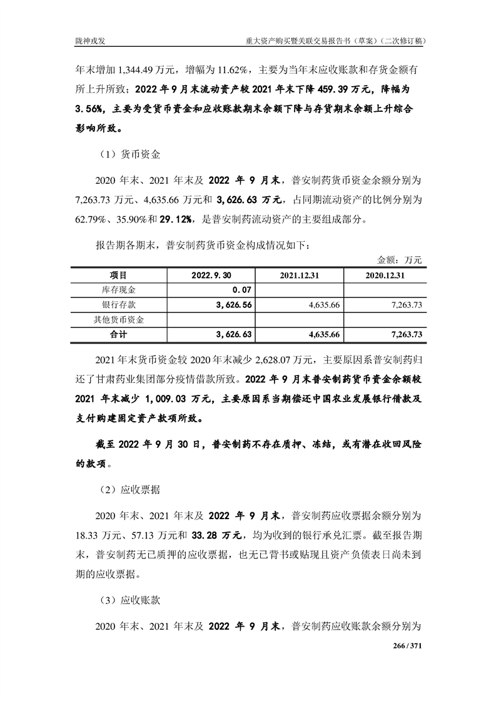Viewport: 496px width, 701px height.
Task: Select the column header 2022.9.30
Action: click(x=211, y=276)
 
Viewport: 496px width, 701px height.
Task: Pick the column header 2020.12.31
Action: click(x=385, y=276)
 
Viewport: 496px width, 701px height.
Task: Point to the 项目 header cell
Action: click(x=119, y=276)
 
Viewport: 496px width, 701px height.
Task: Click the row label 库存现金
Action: click(x=119, y=290)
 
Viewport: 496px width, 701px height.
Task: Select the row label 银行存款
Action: click(x=119, y=305)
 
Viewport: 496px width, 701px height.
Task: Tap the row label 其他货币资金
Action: click(x=119, y=320)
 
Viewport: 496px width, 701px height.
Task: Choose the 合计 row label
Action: click(x=119, y=335)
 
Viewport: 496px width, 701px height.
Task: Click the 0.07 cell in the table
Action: click(x=241, y=290)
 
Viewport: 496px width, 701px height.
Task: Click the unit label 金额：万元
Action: click(x=400, y=259)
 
